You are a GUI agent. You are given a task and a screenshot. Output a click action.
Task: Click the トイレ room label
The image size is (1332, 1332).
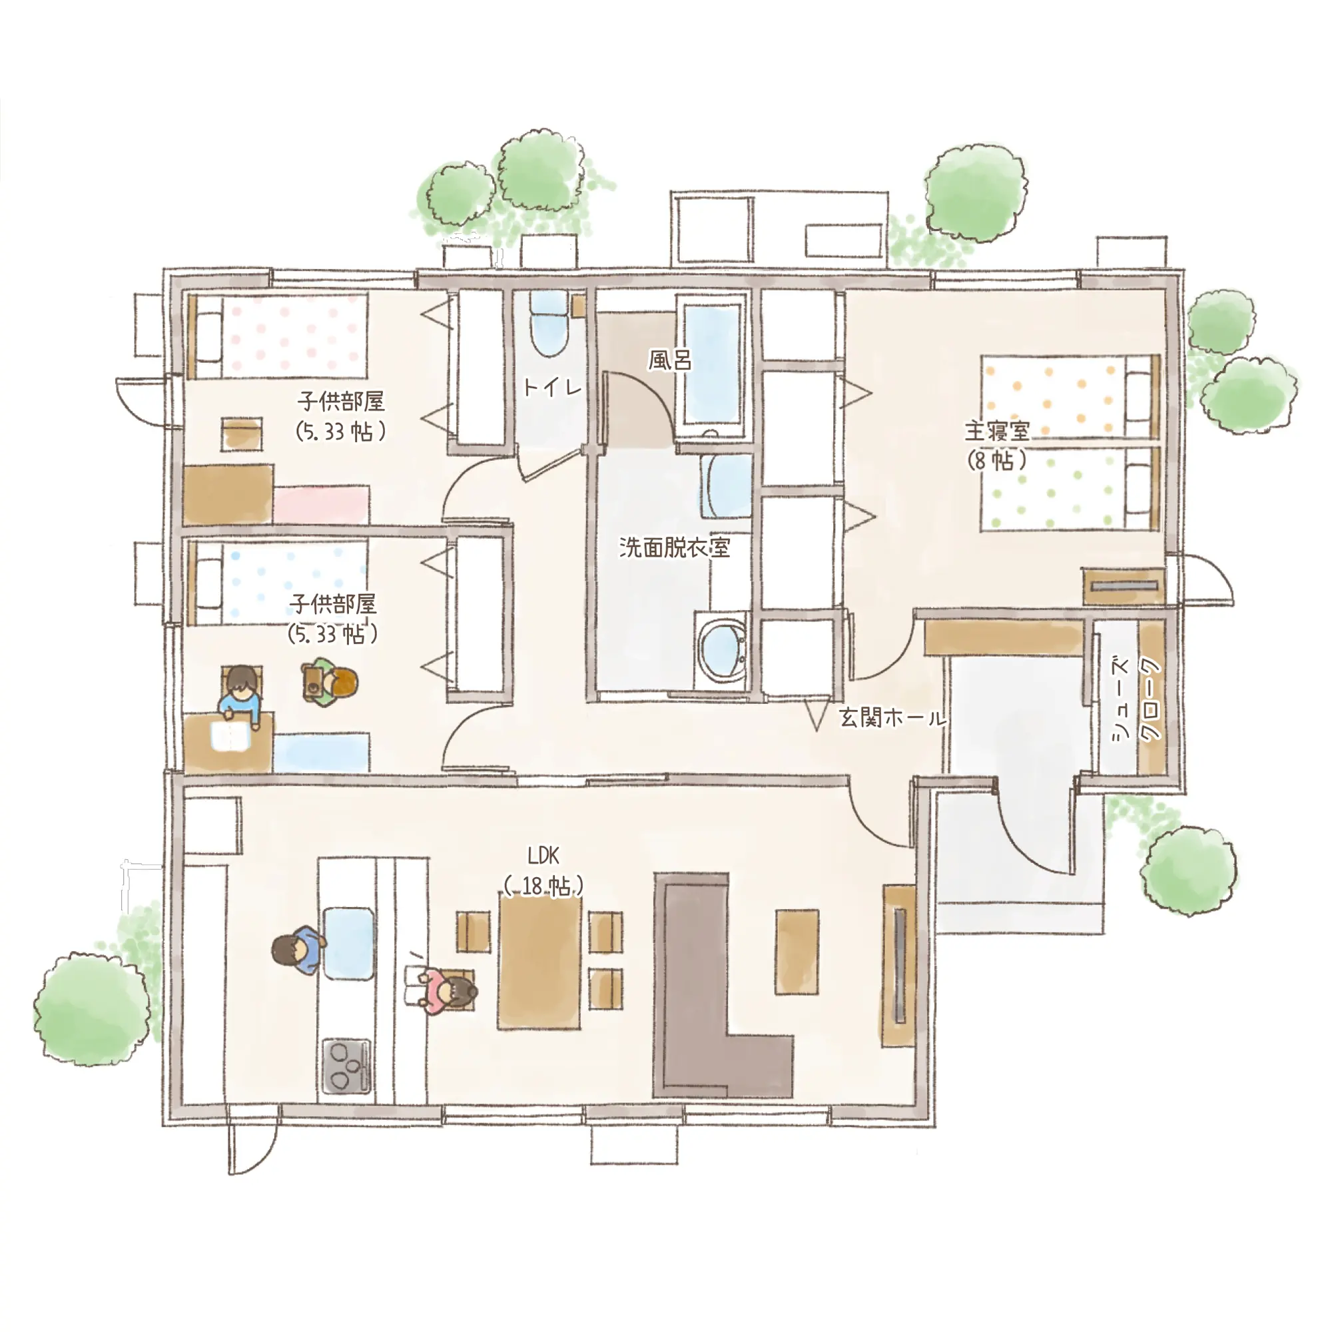552,387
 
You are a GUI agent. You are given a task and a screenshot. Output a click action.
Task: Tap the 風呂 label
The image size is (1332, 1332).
669,359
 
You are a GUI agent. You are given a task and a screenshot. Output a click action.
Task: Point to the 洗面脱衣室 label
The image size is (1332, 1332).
674,547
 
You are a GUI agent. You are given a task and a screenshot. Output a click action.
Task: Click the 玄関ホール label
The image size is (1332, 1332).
893,718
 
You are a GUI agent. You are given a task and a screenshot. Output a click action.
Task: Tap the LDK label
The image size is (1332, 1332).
543,856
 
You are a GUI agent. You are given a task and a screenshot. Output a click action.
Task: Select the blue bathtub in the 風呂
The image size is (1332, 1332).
712,364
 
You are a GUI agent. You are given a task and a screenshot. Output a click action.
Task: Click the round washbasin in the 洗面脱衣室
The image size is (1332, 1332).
721,648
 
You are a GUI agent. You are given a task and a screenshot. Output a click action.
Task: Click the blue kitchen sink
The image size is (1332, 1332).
350,943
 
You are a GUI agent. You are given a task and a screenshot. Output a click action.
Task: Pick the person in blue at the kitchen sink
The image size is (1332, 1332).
298,950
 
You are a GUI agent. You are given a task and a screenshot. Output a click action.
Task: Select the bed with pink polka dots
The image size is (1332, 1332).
277,336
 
